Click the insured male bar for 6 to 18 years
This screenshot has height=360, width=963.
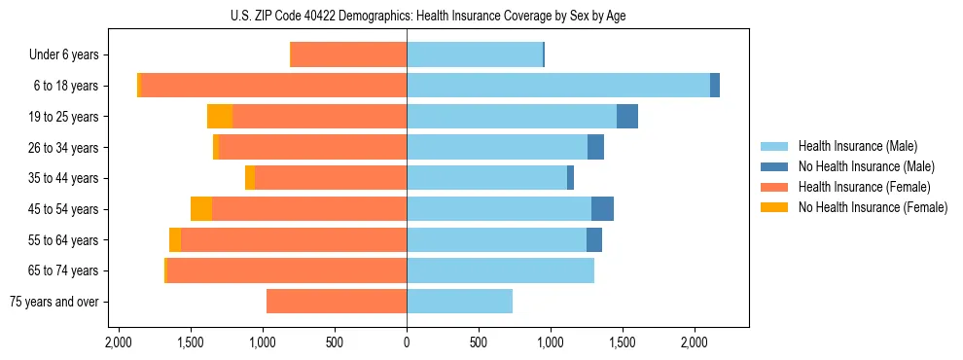click(x=558, y=86)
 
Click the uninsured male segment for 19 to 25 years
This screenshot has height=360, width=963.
click(x=627, y=117)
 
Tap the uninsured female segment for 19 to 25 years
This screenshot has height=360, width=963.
click(x=220, y=117)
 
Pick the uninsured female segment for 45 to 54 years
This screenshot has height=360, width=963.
click(x=201, y=209)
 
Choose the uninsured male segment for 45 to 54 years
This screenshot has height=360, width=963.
click(x=602, y=209)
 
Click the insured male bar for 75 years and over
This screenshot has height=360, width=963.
click(x=459, y=302)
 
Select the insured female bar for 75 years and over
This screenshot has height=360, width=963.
click(x=337, y=302)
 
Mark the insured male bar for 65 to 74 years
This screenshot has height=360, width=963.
click(x=500, y=270)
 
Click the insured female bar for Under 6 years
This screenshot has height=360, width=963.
click(x=349, y=54)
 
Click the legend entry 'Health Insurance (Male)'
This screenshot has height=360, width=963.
click(x=857, y=146)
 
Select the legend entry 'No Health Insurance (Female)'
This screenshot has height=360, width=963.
click(x=873, y=207)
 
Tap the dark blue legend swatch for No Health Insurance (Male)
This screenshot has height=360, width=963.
click(x=774, y=166)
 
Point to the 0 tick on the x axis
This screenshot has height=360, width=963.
click(x=407, y=343)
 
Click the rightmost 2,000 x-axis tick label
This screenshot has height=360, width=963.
click(x=695, y=343)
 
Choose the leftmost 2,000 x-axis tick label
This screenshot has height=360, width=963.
click(x=119, y=343)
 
